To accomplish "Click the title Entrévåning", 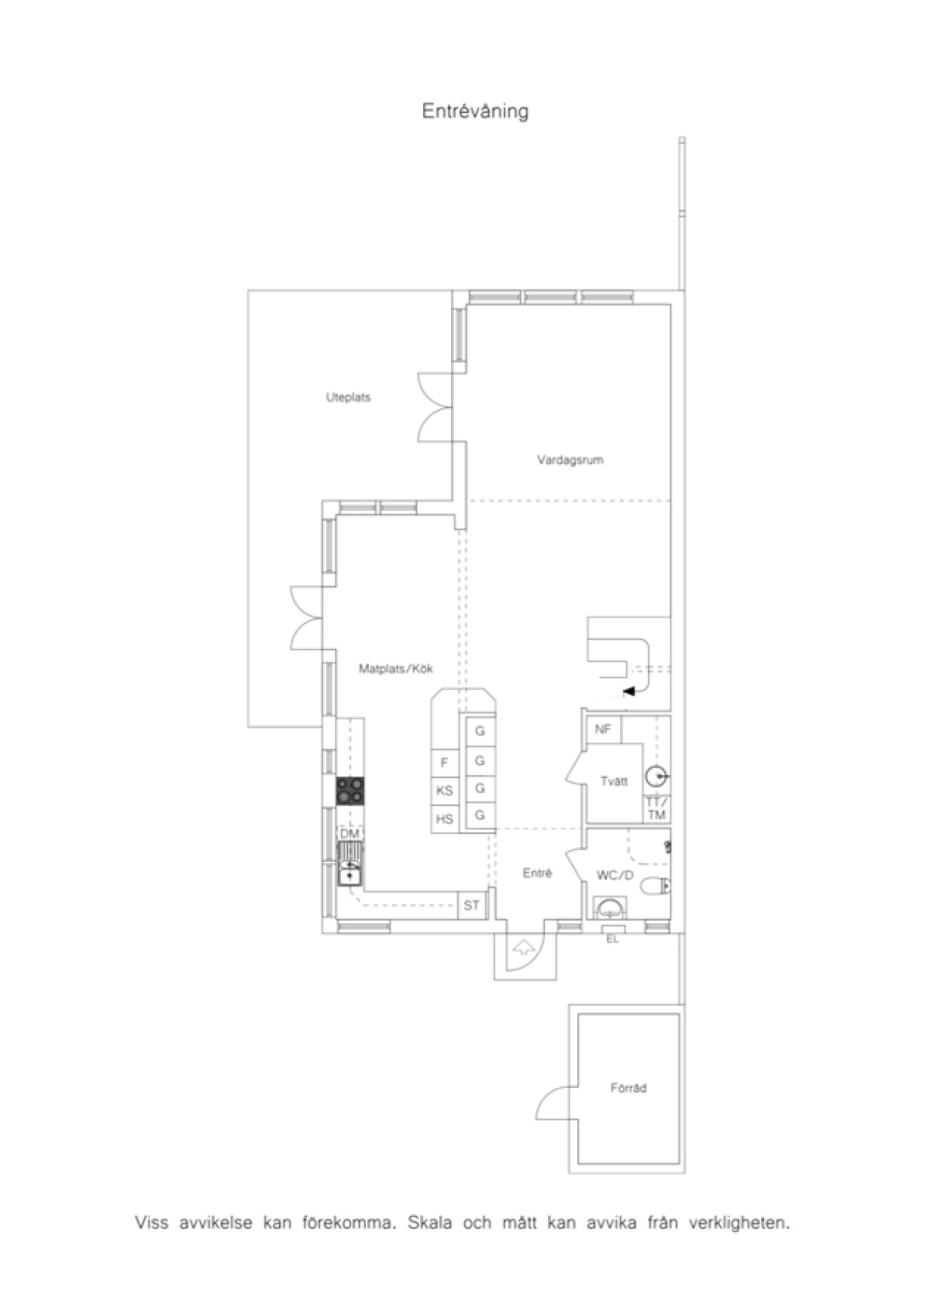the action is (x=475, y=112).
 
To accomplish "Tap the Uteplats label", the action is (x=348, y=397).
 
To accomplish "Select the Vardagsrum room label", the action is (x=570, y=460).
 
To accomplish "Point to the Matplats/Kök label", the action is (x=396, y=668).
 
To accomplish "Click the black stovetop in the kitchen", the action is (x=350, y=790).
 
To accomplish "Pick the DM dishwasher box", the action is (x=350, y=834).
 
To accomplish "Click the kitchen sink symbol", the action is (x=350, y=864).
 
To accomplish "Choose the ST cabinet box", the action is (x=471, y=905).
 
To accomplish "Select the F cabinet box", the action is (x=444, y=763).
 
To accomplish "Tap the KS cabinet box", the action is (x=444, y=791).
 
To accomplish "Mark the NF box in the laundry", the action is (x=604, y=729).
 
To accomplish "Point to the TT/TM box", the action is (x=657, y=808).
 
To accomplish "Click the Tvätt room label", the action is (x=614, y=781).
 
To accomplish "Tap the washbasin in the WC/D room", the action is (x=609, y=908).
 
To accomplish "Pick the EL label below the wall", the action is (x=612, y=938).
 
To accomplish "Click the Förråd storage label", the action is (x=629, y=1088).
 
